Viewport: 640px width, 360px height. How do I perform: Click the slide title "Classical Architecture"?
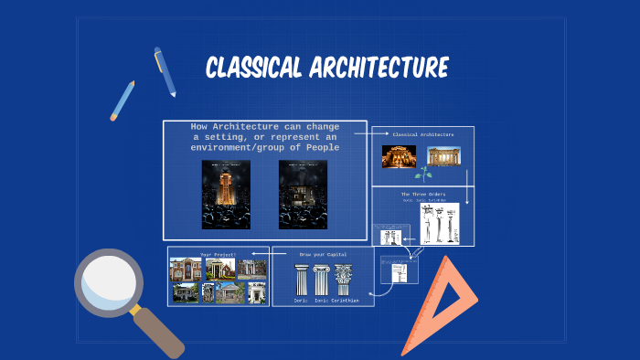tap(326, 68)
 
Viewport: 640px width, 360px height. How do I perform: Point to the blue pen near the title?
tap(165, 71)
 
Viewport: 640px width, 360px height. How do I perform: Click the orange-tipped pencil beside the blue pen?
tap(123, 101)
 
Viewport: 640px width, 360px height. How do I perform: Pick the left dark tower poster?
tap(219, 194)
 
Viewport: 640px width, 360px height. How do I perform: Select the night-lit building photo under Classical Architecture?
tap(399, 156)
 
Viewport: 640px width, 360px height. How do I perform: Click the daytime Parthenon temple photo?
tap(444, 156)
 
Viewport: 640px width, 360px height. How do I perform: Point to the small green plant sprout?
tap(422, 174)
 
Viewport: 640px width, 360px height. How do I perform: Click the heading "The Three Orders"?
tap(421, 194)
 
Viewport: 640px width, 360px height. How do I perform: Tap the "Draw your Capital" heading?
tap(323, 254)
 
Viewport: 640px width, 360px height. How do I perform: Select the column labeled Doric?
tap(301, 280)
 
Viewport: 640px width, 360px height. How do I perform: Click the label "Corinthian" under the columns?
tap(345, 301)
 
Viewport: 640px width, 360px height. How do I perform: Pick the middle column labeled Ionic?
tap(322, 280)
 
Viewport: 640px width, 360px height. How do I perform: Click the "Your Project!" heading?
tap(219, 254)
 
